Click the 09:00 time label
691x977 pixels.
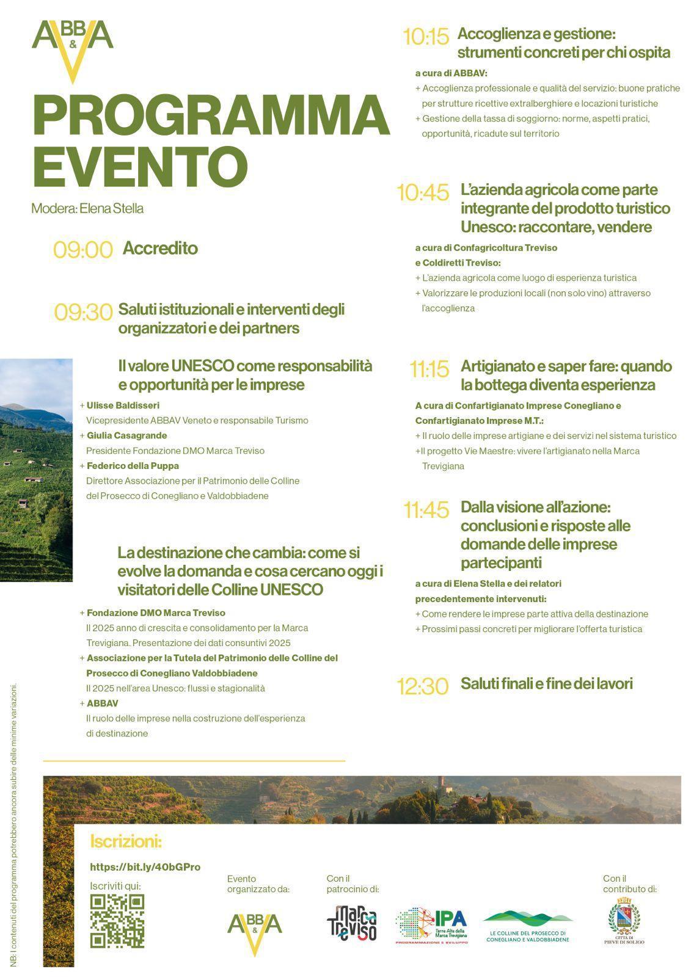tap(83, 250)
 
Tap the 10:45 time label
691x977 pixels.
tap(423, 193)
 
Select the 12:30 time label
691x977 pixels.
tap(423, 686)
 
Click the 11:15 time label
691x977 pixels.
tap(429, 369)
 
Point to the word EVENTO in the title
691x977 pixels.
tap(140, 166)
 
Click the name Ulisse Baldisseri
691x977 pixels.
tap(123, 405)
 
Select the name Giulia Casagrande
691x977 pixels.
tap(126, 435)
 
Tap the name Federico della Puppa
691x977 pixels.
tap(133, 466)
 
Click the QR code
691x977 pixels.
tap(117, 921)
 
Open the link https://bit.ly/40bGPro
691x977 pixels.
tap(145, 867)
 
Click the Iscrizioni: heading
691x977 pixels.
tap(126, 841)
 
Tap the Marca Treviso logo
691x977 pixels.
tap(351, 923)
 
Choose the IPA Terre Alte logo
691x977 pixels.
tap(431, 925)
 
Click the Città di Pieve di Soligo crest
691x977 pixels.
tap(624, 920)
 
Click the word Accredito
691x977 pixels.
tap(160, 249)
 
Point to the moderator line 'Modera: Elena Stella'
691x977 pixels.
tap(87, 208)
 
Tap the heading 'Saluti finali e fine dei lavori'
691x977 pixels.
tap(546, 684)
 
